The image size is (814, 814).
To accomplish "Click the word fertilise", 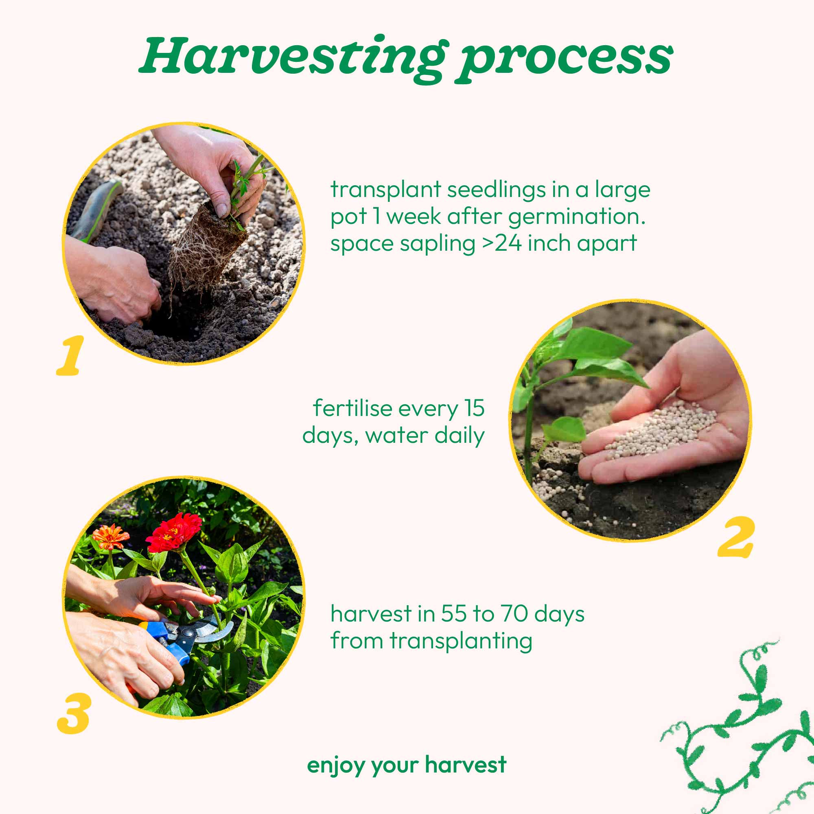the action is (x=352, y=408).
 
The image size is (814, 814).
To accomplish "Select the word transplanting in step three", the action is (x=461, y=641).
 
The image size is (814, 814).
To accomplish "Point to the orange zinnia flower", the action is (x=110, y=537).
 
